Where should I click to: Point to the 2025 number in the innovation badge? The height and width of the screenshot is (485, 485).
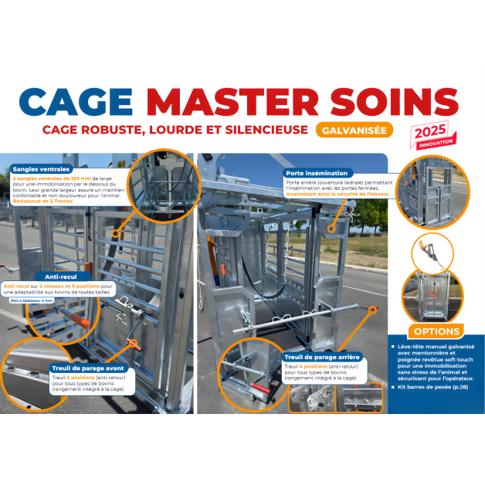click(430, 131)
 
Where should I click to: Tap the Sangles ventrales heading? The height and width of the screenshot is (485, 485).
click(42, 168)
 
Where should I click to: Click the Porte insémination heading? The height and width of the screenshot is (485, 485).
click(317, 174)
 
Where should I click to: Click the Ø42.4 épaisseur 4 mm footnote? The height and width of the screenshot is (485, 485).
click(31, 300)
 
